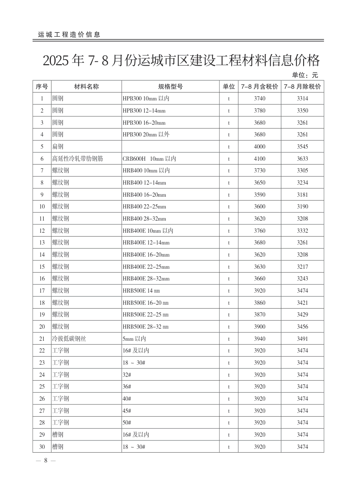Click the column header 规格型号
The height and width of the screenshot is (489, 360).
(x=171, y=86)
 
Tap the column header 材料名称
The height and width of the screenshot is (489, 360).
(x=86, y=86)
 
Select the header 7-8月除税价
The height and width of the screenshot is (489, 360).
(x=302, y=86)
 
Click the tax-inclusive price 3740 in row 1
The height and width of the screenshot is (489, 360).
(x=260, y=99)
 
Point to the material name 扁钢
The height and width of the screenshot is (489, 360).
(x=58, y=147)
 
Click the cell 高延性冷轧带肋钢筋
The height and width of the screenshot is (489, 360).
(x=77, y=159)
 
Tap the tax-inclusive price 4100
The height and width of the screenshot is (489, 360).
(x=260, y=159)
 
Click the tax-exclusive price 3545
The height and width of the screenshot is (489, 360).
(x=302, y=147)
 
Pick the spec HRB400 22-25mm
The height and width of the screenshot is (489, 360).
(x=144, y=207)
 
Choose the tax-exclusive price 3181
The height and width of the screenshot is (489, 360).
(x=302, y=195)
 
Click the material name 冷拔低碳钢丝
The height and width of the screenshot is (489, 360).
(x=69, y=339)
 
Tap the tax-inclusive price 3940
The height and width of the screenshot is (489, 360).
(x=260, y=339)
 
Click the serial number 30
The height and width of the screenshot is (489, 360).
(x=42, y=447)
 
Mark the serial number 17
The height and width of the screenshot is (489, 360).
(x=42, y=291)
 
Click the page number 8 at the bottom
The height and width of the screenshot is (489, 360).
(x=45, y=461)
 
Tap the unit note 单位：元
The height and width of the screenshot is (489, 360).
(x=305, y=75)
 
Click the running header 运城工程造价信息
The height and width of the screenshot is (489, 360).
(x=69, y=34)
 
